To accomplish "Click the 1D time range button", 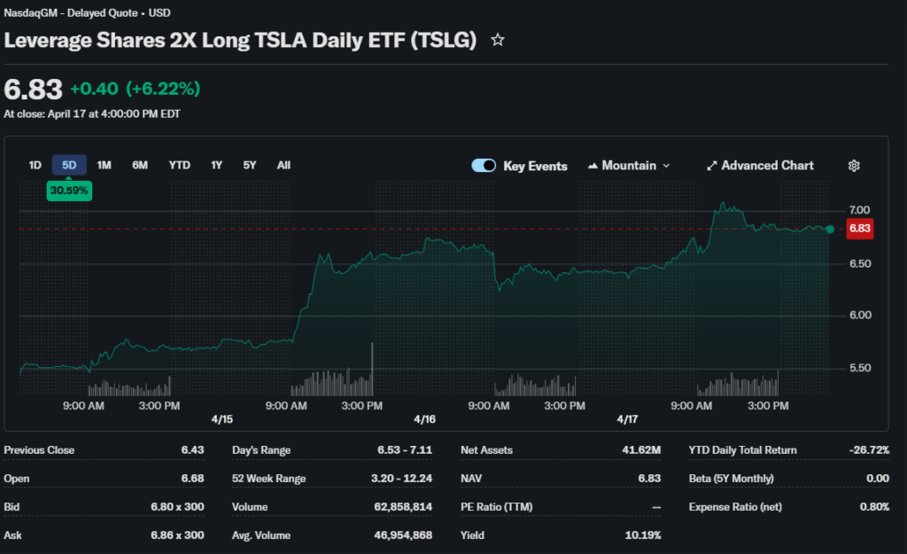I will [x=35, y=165].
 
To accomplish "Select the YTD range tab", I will [x=180, y=165].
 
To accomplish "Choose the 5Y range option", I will [x=250, y=165].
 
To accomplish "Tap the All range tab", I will [x=283, y=165].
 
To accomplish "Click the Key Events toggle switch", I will [x=484, y=166].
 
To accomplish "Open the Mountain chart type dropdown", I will [x=629, y=166].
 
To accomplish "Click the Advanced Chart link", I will [x=760, y=166].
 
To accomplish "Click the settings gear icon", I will [x=854, y=166].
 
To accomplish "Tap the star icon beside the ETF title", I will [x=498, y=40].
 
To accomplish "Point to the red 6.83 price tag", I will [x=860, y=229].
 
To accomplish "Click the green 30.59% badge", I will [x=69, y=191].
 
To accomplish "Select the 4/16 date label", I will [x=425, y=418].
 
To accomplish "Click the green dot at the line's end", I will [x=830, y=229].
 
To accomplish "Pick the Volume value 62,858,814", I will [x=403, y=507].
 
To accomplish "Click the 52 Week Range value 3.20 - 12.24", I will [x=402, y=479].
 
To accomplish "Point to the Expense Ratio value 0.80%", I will [x=874, y=507].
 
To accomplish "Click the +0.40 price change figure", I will [x=95, y=89].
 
